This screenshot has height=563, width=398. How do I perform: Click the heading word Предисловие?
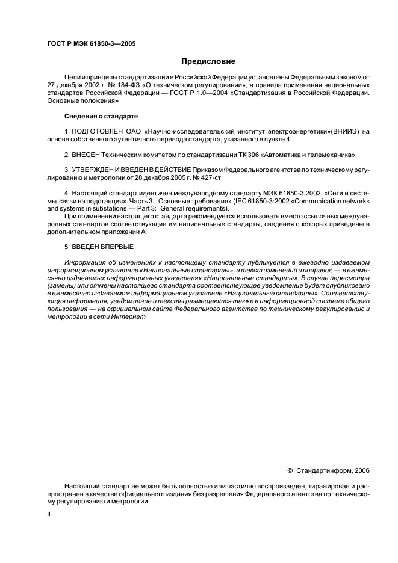(x=209, y=61)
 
